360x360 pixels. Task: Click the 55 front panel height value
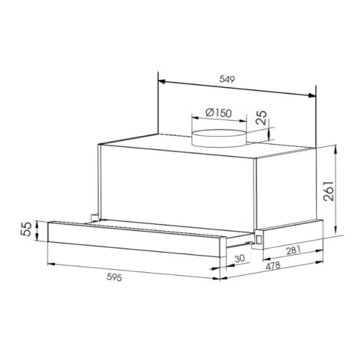coord(24,230)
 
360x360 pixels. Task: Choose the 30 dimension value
coord(239,259)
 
